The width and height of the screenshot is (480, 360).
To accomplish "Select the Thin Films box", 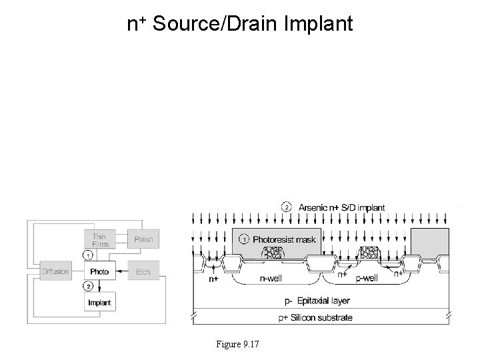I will point(99,239).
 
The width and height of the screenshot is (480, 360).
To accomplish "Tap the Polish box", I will point(143,239).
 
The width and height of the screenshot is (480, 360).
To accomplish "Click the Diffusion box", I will point(55,271).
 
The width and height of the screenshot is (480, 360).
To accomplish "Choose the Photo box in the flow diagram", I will point(99,271).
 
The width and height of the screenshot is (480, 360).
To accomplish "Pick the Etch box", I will point(143,271).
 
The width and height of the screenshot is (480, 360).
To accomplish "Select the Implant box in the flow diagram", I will point(99,303).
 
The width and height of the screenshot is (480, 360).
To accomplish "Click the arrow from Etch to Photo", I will point(121,271).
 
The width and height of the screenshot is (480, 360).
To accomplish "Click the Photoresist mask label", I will point(283,239).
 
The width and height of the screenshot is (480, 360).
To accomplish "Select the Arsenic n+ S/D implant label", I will point(340,207).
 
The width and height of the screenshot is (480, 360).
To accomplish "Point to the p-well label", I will point(366,279).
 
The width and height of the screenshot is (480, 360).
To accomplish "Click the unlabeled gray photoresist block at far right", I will point(427,240).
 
